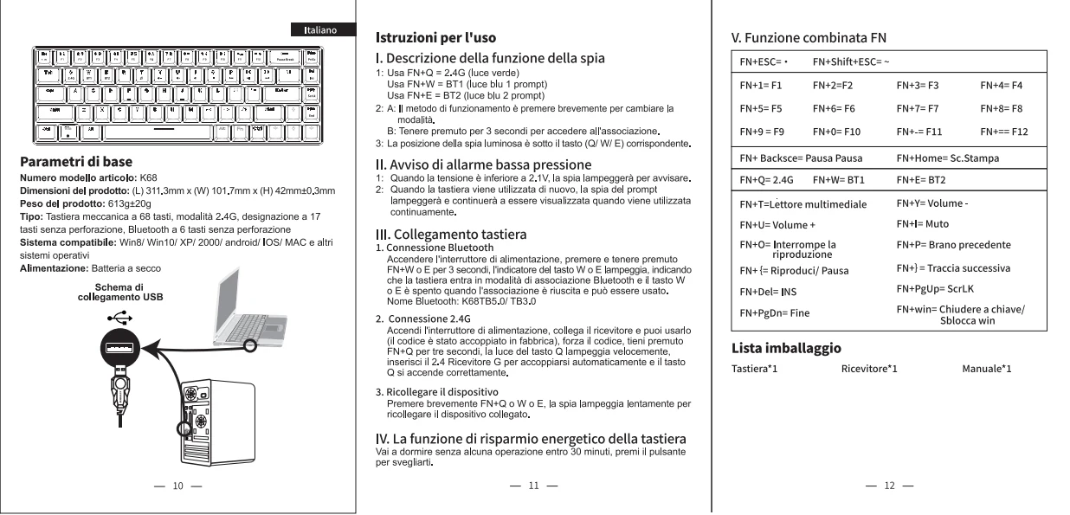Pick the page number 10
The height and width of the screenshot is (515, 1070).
[177, 486]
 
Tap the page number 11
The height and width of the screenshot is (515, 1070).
[533, 486]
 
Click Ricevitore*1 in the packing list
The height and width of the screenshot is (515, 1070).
[868, 370]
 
